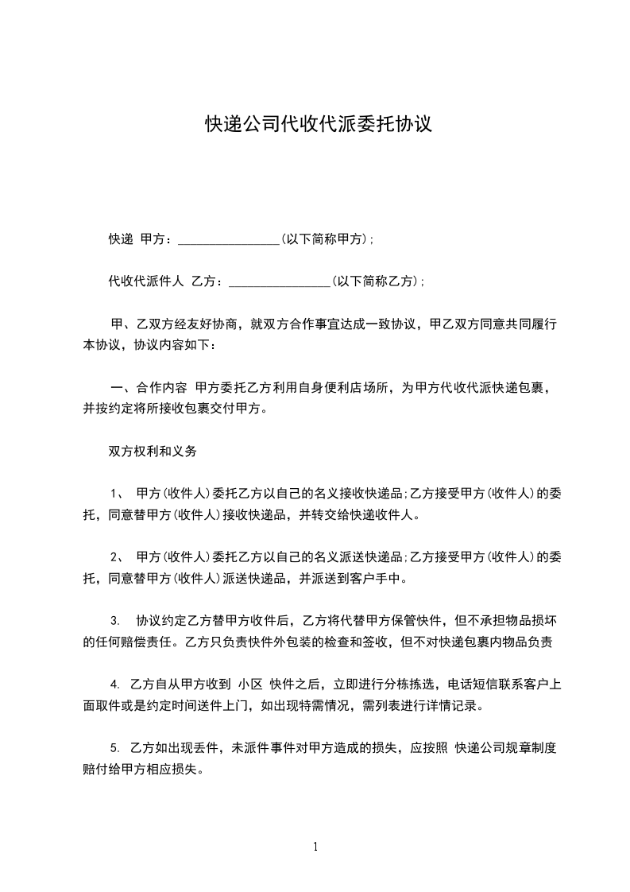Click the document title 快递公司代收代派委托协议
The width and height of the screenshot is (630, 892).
click(x=318, y=124)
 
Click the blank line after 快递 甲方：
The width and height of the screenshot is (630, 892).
click(x=229, y=239)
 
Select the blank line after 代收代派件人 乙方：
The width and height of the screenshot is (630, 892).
click(x=279, y=281)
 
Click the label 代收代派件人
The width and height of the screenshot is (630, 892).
click(x=146, y=281)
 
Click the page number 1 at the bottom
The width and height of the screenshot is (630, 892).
click(x=315, y=847)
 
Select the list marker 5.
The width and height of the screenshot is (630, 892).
click(x=115, y=748)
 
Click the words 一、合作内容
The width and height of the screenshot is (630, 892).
click(x=149, y=388)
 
